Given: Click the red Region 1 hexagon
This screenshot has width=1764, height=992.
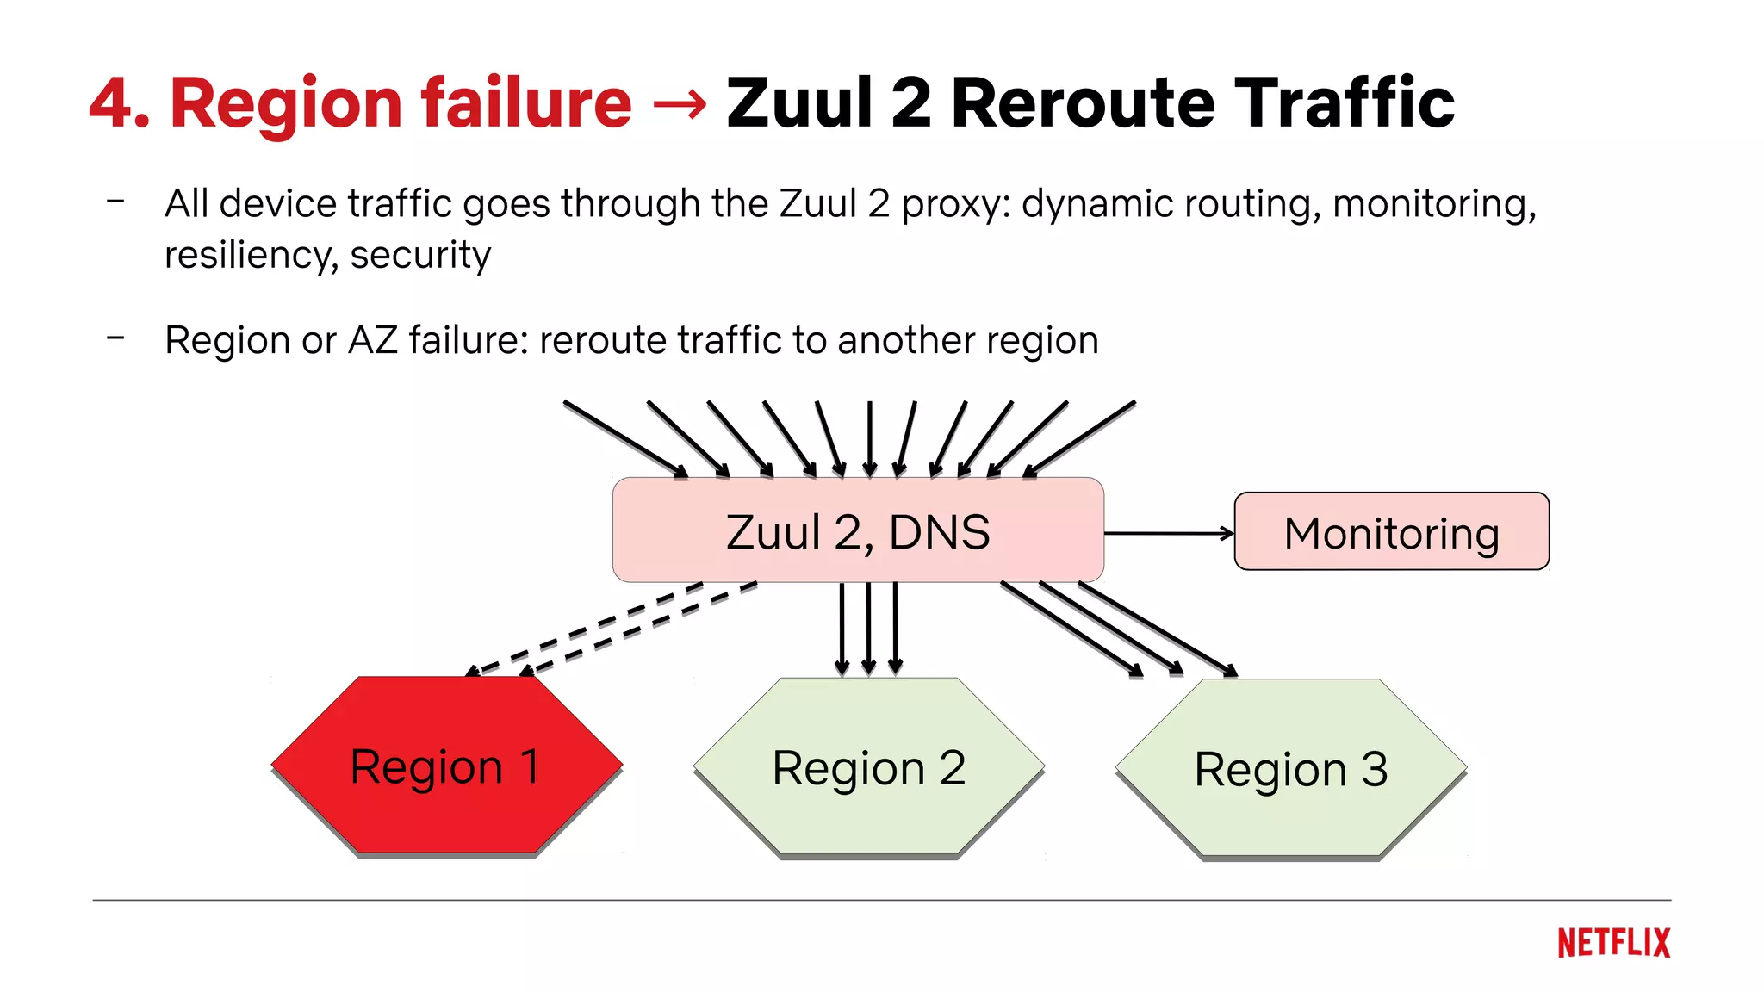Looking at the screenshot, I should pyautogui.click(x=446, y=766).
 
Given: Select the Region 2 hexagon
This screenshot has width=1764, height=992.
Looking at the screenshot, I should pyautogui.click(x=868, y=767).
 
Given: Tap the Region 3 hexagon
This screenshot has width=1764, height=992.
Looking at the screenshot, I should pyautogui.click(x=1290, y=769).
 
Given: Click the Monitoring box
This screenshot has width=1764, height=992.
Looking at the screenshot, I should pyautogui.click(x=1391, y=532).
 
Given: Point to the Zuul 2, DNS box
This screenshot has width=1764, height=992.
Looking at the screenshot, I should pyautogui.click(x=858, y=531).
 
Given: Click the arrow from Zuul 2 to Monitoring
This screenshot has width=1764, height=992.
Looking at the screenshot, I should pyautogui.click(x=1168, y=534).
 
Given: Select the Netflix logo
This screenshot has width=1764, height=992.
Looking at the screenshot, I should pyautogui.click(x=1613, y=943).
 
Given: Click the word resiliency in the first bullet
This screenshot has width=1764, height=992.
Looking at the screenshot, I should pyautogui.click(x=249, y=256).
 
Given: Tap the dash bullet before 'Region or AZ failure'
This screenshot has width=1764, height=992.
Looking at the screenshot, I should pyautogui.click(x=115, y=338).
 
